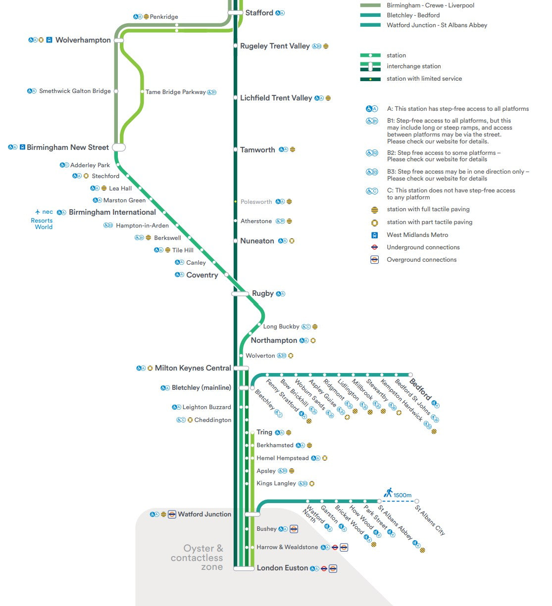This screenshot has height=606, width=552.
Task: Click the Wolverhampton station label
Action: pyautogui.click(x=83, y=40)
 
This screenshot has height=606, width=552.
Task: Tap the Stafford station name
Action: pyautogui.click(x=259, y=13)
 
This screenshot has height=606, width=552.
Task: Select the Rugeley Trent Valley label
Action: pyautogui.click(x=275, y=46)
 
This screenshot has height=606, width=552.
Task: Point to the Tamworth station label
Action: pyautogui.click(x=257, y=150)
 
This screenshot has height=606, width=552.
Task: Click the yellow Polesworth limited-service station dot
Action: pyautogui.click(x=236, y=202)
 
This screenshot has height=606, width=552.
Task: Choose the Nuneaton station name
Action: pyautogui.click(x=257, y=241)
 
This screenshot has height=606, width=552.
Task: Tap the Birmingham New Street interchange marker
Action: pyautogui.click(x=119, y=147)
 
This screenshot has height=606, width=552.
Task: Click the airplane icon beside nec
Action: pyautogui.click(x=38, y=212)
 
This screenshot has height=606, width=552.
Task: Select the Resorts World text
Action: pyautogui.click(x=42, y=224)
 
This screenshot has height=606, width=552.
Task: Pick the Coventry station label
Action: pyautogui.click(x=202, y=275)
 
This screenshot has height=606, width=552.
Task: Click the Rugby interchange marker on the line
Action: pyautogui.click(x=241, y=294)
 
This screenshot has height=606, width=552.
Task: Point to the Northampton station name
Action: pyautogui.click(x=274, y=340)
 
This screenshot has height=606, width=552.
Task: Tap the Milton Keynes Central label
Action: pyautogui.click(x=193, y=368)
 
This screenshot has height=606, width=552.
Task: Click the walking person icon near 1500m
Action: pyautogui.click(x=389, y=492)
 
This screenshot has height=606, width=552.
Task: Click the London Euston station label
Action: pyautogui.click(x=282, y=568)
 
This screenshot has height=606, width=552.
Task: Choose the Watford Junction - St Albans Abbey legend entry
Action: pyautogui.click(x=437, y=25)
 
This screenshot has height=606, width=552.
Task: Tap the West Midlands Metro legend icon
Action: pyautogui.click(x=375, y=235)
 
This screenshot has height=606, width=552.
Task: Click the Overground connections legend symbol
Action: pyautogui.click(x=375, y=259)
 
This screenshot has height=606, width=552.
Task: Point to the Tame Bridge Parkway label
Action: pyautogui.click(x=175, y=92)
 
